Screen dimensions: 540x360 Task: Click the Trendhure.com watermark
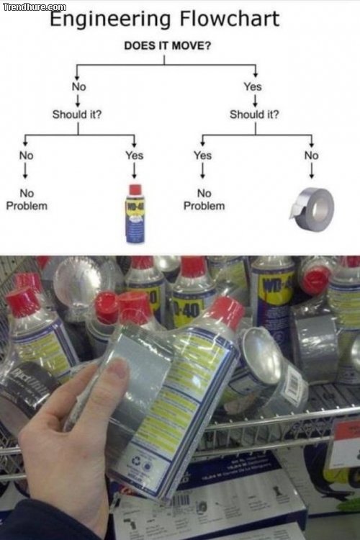(34, 6)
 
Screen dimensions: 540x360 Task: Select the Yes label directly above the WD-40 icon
(134, 155)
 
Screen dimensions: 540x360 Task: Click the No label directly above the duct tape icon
(311, 155)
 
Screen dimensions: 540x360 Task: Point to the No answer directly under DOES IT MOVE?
(78, 86)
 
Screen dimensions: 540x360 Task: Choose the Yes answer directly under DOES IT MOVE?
(253, 86)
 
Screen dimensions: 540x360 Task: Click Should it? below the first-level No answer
(76, 114)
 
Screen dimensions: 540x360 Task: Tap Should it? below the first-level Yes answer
(254, 114)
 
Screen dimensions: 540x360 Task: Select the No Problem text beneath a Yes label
(204, 199)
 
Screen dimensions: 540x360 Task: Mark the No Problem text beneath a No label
(27, 199)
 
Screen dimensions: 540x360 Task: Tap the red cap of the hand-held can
(227, 311)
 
